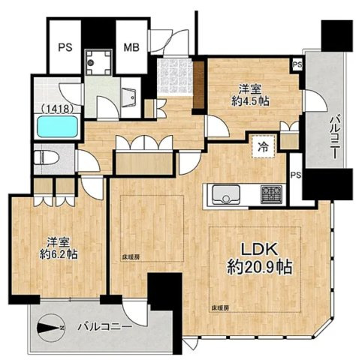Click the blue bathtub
pos(58,126)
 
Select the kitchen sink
pos(226,194)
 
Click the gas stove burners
pos(271,194)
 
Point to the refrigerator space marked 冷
pos(264,147)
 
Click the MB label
pos(131,47)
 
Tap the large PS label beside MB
pos(65,47)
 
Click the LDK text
pos(259,248)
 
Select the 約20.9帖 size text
pos(259,267)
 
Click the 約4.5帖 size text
pos(250,101)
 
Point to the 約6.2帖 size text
pos(59,254)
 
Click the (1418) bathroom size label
pos(58,108)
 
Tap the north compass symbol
pos(51,327)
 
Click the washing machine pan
pos(98,62)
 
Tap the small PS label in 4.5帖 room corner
pos(297,64)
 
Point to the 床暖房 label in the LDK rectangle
pos(220,308)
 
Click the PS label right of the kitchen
pos(296,175)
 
